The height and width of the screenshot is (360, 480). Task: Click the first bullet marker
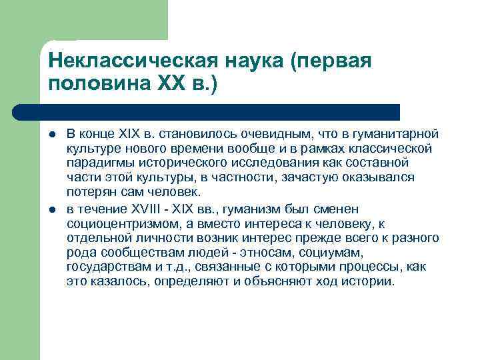(x=53, y=134)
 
